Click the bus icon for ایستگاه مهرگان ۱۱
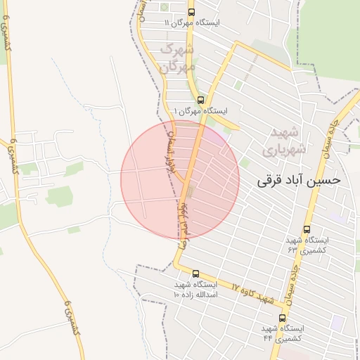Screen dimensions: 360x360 pyautogui.click(x=192, y=12)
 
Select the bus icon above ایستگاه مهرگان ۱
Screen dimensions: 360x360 pyautogui.click(x=201, y=100)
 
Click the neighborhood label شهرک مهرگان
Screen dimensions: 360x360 pyautogui.click(x=177, y=58)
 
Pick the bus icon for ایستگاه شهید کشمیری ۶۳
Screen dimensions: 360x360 pyautogui.click(x=307, y=229)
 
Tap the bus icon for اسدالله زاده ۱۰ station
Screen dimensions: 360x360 pyautogui.click(x=195, y=274)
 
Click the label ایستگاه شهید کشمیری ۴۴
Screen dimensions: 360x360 pyautogui.click(x=283, y=333)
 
